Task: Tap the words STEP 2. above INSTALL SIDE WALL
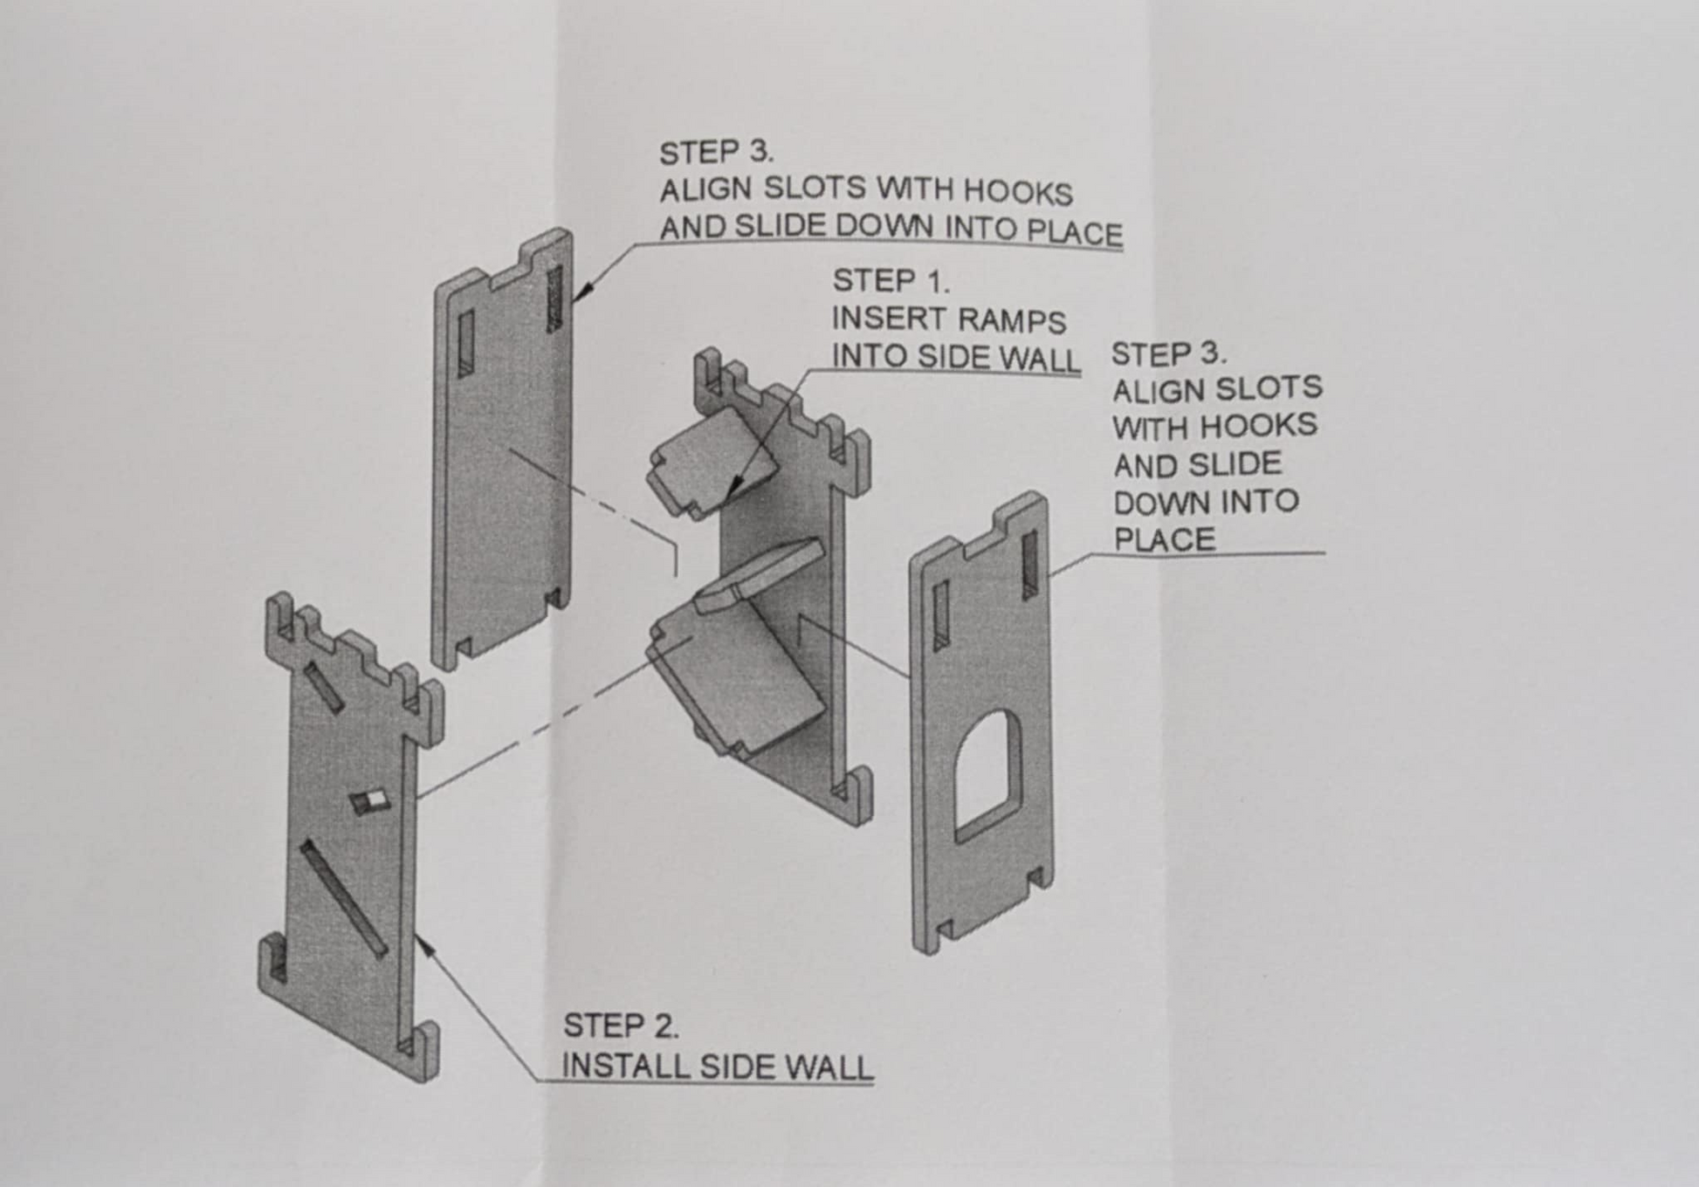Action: tap(621, 1026)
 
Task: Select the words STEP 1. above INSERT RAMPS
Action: tap(891, 281)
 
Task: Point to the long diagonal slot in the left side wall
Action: tap(344, 899)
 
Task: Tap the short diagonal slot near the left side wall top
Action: tap(324, 688)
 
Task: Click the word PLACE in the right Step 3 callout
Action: tap(1164, 539)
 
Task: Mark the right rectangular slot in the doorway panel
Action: tap(1030, 565)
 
